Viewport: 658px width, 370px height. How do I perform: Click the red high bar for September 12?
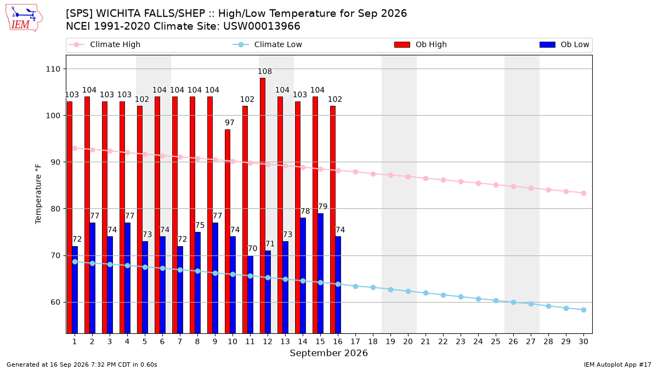pos(263,206)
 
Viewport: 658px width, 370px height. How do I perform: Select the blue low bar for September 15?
pos(320,274)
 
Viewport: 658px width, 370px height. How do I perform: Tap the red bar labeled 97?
pos(228,231)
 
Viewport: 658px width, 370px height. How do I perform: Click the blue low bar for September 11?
pos(250,294)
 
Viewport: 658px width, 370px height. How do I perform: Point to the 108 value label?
pos(265,71)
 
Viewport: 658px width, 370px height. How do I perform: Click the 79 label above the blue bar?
pos(322,207)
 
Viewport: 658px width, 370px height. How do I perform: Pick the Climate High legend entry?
pos(104,44)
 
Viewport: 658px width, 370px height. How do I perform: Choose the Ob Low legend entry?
pos(564,44)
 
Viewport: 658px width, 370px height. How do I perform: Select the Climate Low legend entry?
pos(267,44)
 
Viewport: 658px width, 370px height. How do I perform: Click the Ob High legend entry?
pos(421,44)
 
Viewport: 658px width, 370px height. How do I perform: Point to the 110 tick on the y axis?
pos(53,69)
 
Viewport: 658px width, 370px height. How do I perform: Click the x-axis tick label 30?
pos(583,341)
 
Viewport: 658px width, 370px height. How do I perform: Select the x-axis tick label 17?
pos(355,341)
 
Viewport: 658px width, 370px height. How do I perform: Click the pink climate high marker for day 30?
pos(583,193)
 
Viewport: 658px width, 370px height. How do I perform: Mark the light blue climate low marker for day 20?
pos(408,291)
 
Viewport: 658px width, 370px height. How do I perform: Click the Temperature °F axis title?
pos(38,194)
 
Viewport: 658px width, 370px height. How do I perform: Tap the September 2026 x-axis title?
pos(328,353)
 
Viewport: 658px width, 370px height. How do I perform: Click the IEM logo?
pos(24,18)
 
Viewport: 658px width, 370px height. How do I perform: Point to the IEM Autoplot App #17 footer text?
pos(617,365)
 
